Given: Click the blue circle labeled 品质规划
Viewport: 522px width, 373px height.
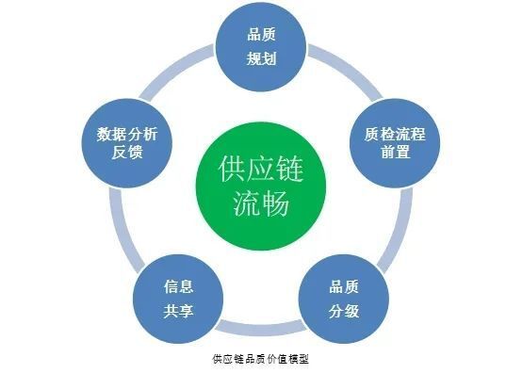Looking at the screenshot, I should pos(260,46).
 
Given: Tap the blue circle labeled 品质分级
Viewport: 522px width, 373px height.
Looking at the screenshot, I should pos(343,298).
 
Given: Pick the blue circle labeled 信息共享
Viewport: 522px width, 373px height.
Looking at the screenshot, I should pos(178,298).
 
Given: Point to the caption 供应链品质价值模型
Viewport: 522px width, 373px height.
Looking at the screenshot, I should pos(261,359).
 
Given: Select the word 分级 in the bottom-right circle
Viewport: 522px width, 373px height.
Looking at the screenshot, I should pos(343,310).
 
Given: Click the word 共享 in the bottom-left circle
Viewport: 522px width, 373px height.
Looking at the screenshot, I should pos(178,310).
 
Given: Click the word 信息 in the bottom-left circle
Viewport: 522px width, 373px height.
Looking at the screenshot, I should pos(178,286).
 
